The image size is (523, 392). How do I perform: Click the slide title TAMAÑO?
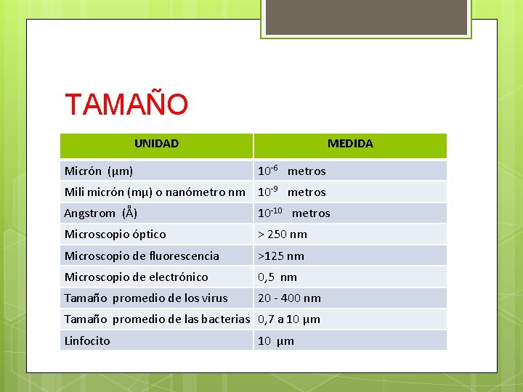[x=126, y=105]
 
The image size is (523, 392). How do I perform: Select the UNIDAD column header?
[x=156, y=144]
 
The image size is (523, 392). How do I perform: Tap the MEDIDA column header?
[x=350, y=144]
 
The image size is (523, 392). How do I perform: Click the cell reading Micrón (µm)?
[x=99, y=171]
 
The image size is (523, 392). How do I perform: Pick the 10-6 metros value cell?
[x=292, y=171]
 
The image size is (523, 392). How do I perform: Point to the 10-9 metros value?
[x=292, y=192]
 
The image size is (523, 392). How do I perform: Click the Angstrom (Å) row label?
[x=101, y=213]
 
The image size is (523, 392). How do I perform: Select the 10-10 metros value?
[x=294, y=213]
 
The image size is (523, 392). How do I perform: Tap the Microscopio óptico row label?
[x=115, y=234]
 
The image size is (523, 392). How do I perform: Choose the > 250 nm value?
[x=283, y=234]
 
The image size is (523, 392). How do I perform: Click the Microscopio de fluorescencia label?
[x=142, y=256]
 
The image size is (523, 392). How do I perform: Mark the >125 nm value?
[x=281, y=256]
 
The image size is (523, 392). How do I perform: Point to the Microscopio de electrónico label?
[x=136, y=277]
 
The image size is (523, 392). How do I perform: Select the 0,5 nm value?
[x=277, y=277]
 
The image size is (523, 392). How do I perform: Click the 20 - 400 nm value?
[x=289, y=298]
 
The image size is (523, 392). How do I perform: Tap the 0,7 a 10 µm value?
[x=289, y=319]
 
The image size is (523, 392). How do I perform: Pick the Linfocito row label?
[x=87, y=340]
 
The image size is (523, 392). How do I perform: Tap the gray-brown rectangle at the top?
[x=366, y=17]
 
